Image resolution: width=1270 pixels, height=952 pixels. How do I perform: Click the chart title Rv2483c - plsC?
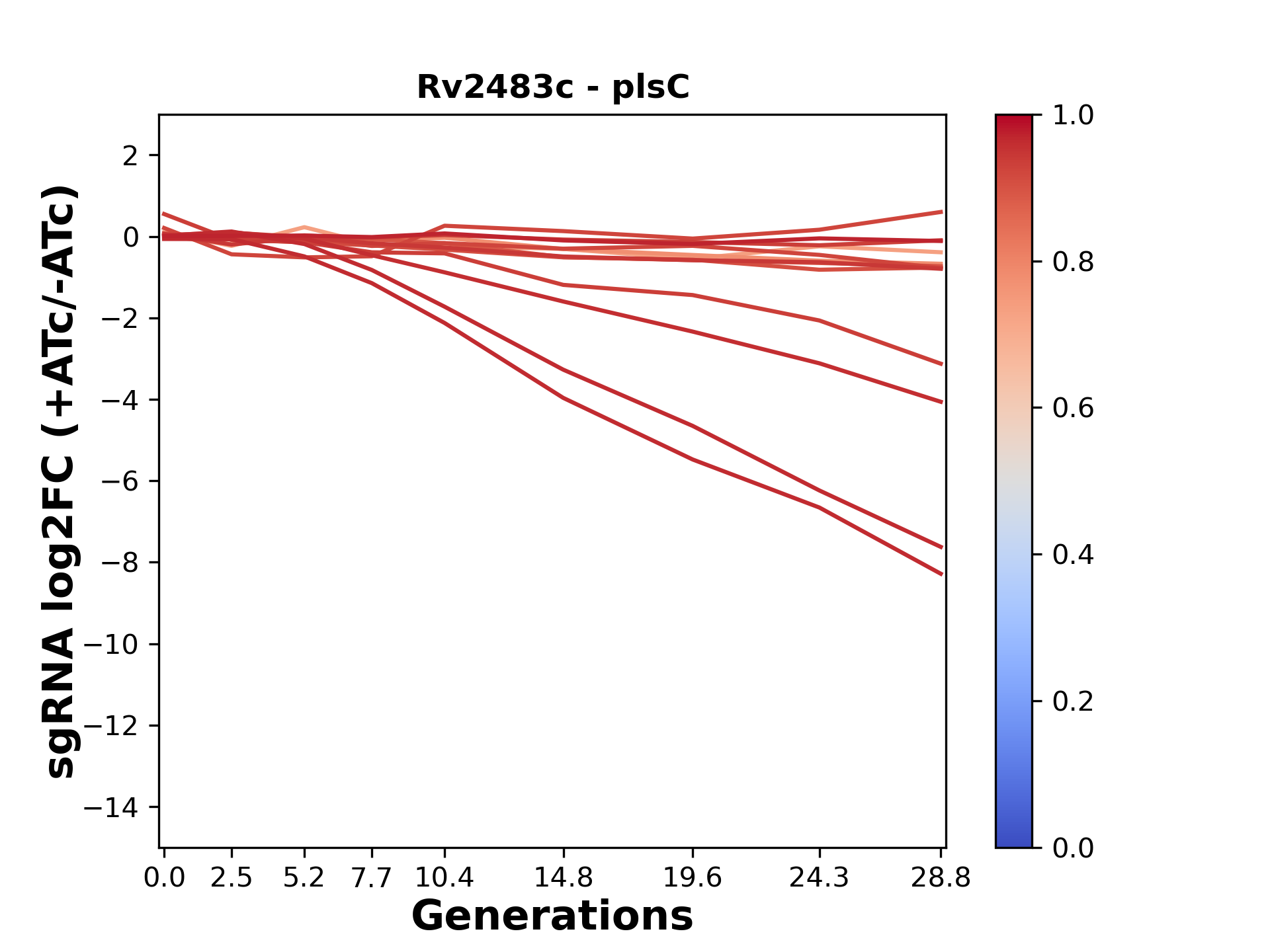(x=552, y=87)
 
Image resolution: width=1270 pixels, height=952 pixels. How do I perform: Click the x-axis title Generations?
(x=552, y=916)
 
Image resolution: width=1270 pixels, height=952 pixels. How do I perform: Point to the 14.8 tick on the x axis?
(x=563, y=878)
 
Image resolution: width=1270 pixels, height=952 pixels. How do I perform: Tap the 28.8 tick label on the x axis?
(x=941, y=878)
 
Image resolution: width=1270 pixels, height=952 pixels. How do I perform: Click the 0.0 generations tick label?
(x=164, y=878)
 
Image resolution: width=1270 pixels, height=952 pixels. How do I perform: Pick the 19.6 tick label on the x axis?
(x=692, y=878)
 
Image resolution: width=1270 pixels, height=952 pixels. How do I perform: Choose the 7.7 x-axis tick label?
(x=371, y=878)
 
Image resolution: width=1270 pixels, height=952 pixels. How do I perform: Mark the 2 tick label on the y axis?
(x=130, y=156)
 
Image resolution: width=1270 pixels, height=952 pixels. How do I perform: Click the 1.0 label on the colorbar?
(x=1073, y=116)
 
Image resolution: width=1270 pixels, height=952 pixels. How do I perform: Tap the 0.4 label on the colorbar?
(x=1073, y=555)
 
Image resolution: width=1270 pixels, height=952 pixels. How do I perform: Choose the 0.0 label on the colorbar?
(x=1073, y=848)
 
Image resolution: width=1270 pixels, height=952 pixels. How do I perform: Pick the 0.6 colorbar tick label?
(x=1073, y=409)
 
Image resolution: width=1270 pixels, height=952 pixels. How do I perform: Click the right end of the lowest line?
(x=941, y=574)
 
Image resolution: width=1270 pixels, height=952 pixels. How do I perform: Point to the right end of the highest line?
(x=941, y=212)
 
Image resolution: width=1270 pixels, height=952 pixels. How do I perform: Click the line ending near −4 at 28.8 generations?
(x=941, y=401)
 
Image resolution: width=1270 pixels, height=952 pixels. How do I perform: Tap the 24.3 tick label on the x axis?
(x=819, y=878)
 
